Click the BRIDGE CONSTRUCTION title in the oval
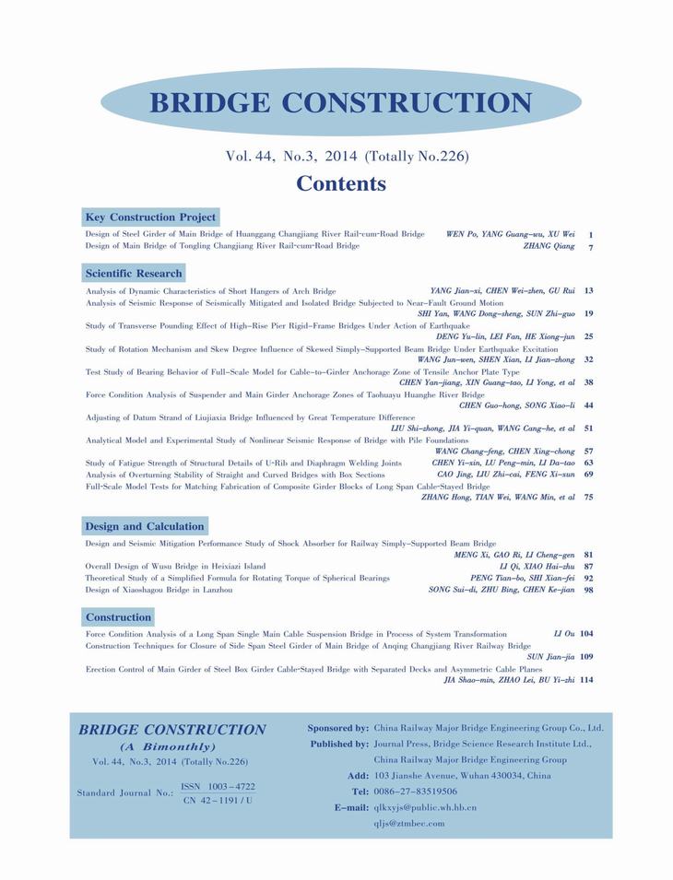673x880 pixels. pos(340,103)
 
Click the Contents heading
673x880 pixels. pos(341,183)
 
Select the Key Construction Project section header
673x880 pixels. pos(150,217)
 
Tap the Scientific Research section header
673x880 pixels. pos(134,274)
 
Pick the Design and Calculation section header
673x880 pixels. pos(145,526)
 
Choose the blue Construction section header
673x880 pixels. pos(118,616)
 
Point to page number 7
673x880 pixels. pos(590,247)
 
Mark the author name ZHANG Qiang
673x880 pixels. pos(549,246)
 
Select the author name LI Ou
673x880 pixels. pos(563,634)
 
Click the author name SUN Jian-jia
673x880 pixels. pos(550,657)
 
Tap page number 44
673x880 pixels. pos(588,405)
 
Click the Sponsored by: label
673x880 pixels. pos(337,728)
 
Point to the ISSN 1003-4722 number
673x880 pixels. pos(218,786)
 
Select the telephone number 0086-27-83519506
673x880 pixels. pos(415,792)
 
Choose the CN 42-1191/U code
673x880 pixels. pos(218,801)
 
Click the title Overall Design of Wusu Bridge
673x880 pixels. pos(175,566)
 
